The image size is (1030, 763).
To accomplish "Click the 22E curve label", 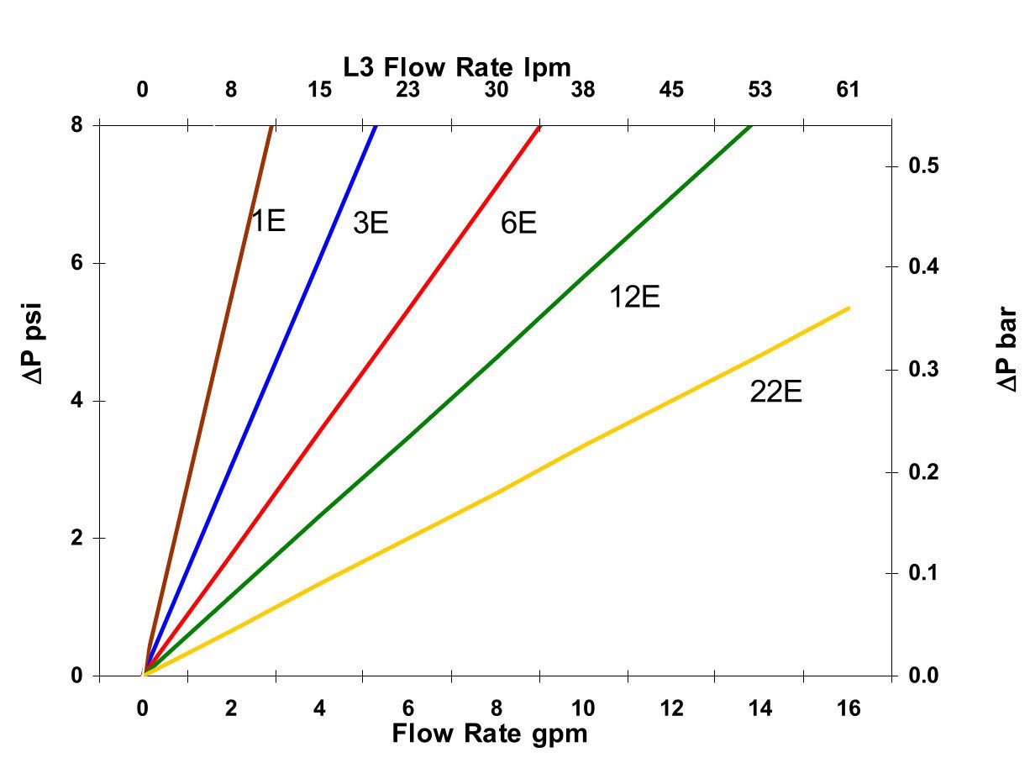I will tap(775, 392).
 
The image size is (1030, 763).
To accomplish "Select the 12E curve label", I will tap(634, 297).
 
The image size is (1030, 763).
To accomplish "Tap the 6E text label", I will tap(518, 224).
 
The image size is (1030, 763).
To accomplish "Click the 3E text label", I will tap(370, 224).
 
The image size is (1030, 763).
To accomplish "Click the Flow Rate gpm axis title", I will tap(489, 734).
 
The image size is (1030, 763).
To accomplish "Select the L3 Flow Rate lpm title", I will tap(457, 66).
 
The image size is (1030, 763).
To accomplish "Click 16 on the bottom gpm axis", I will tap(849, 708).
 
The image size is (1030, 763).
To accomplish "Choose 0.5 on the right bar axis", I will tap(924, 166).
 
